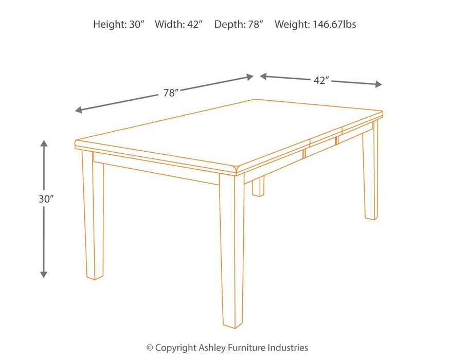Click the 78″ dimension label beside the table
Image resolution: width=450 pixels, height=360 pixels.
pos(171,93)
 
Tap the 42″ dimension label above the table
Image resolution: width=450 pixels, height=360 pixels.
pos(321,80)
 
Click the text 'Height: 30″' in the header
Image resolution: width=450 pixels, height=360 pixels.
pos(119,24)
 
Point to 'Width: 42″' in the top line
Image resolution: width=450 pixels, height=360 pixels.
pos(179,24)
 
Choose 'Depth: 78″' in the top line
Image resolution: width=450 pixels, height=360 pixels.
pos(239,24)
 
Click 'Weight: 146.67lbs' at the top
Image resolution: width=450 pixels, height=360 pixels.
pos(315,24)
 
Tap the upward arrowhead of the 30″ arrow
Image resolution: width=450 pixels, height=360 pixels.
pos(44,143)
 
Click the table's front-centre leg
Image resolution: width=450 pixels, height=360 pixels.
pos(232,252)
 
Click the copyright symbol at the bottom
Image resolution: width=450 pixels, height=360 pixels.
pos(150,348)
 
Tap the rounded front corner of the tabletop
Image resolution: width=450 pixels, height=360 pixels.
pos(237,170)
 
